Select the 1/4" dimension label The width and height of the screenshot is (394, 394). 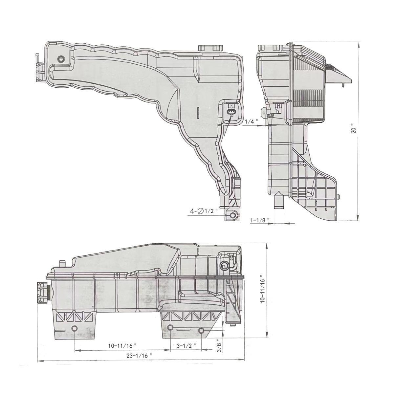coord(252,121)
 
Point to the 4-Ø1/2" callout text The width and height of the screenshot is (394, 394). coord(204,211)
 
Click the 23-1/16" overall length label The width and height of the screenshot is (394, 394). coord(139,355)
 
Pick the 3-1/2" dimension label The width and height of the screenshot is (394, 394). coord(186,345)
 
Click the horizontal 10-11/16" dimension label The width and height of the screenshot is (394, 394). coord(122,345)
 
